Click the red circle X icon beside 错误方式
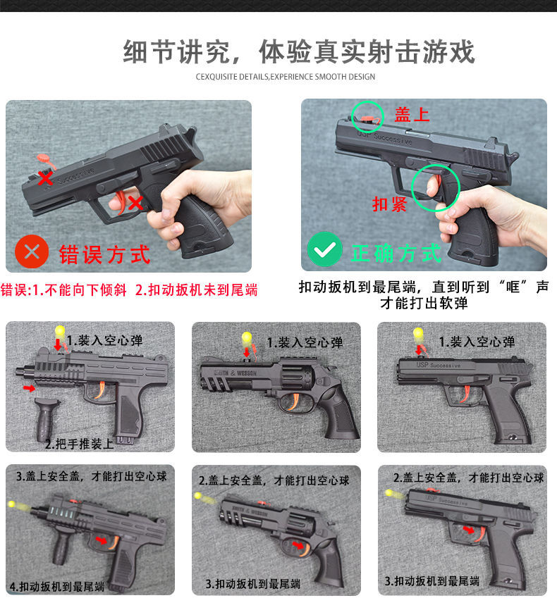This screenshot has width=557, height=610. (32, 251)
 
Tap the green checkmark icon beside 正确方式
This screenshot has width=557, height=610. (324, 250)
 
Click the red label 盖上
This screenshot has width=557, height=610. (412, 115)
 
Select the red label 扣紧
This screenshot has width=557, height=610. (390, 204)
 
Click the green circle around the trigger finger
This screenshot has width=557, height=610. (436, 188)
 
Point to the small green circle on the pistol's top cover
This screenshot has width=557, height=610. (367, 116)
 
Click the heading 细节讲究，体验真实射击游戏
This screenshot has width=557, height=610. (299, 53)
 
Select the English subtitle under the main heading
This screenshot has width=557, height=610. (286, 76)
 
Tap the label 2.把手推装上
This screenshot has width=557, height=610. (80, 444)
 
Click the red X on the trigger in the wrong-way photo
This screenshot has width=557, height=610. (135, 203)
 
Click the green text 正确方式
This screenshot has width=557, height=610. (396, 253)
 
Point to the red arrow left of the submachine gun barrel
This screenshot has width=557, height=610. (28, 388)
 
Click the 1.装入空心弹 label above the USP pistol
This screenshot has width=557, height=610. (477, 342)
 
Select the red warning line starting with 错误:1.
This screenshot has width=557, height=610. (129, 290)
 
